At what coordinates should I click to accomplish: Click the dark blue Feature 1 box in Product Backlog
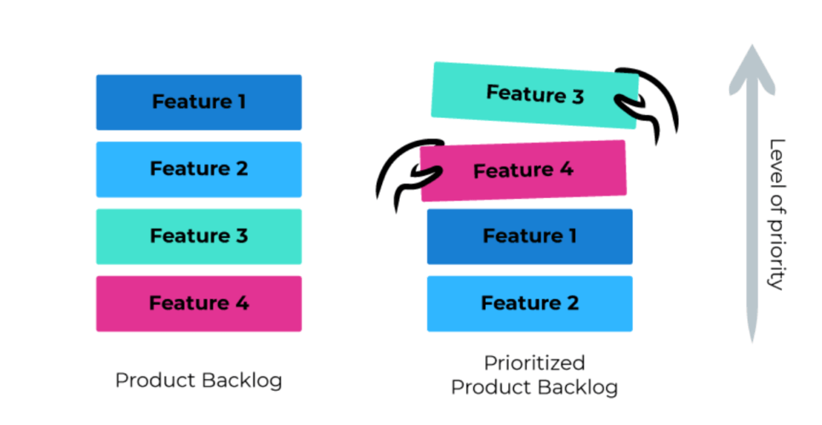click(x=198, y=102)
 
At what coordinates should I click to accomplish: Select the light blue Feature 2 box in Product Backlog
click(x=198, y=168)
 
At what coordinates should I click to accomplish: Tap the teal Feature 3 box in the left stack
click(x=198, y=235)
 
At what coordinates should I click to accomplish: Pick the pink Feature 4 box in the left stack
click(x=198, y=303)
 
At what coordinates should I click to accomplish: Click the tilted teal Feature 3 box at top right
click(x=534, y=94)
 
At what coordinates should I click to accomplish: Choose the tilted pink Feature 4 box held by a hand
click(x=523, y=171)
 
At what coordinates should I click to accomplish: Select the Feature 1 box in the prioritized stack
click(x=529, y=236)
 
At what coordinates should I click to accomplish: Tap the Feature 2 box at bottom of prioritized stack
click(x=529, y=303)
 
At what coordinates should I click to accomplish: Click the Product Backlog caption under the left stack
click(x=198, y=380)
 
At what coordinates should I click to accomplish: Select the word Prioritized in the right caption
click(x=534, y=364)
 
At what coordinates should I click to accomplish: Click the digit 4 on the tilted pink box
click(x=566, y=169)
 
